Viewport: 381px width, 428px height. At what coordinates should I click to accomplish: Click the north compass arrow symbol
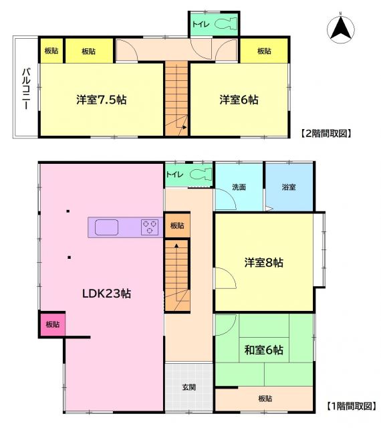(x=340, y=28)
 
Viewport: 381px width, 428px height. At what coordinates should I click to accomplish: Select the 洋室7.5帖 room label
(x=101, y=100)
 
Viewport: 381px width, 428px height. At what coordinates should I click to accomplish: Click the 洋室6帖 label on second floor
(x=239, y=100)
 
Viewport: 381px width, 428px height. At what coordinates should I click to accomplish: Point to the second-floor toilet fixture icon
(x=224, y=25)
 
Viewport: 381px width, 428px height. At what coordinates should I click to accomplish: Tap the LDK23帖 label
(x=106, y=294)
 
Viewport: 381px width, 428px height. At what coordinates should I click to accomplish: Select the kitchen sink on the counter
(x=106, y=227)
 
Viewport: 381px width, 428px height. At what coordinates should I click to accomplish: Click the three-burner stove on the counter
(x=149, y=227)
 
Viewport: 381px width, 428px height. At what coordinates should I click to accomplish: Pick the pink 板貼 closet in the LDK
(x=52, y=324)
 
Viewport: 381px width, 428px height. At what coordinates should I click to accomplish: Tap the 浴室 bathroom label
(x=289, y=186)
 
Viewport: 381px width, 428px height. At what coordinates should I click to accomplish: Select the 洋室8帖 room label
(x=263, y=263)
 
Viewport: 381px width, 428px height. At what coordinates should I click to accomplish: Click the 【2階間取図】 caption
(x=326, y=134)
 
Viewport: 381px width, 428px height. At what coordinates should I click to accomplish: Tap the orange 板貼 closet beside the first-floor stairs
(x=177, y=226)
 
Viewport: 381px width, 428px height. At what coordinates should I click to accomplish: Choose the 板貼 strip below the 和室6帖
(x=264, y=399)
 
